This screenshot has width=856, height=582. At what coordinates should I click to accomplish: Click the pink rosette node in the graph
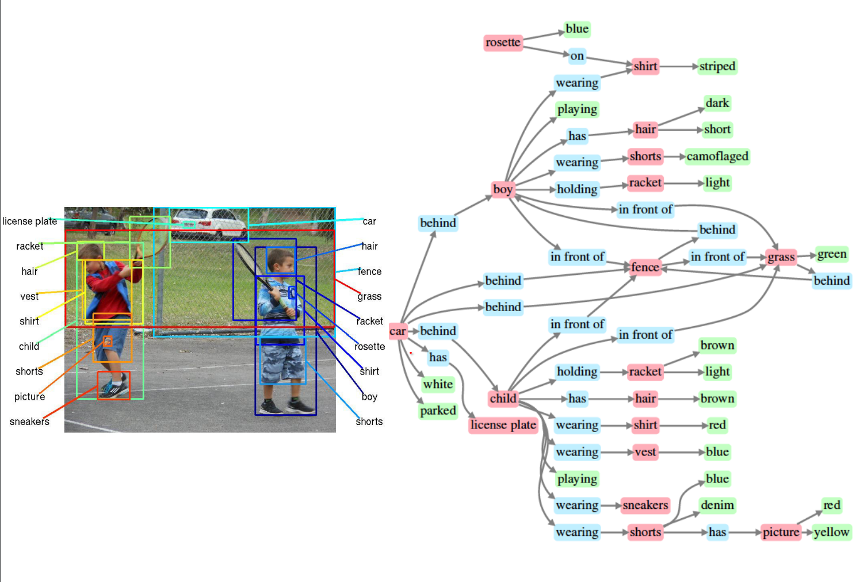(x=503, y=43)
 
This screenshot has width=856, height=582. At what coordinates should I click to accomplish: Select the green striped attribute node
(x=717, y=67)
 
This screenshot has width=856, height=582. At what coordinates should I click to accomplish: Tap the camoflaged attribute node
(x=717, y=156)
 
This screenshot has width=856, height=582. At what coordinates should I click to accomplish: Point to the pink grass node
(x=781, y=257)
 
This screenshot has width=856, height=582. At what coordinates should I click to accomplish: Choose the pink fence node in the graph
(x=645, y=267)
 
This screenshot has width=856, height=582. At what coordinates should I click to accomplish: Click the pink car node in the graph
(x=398, y=331)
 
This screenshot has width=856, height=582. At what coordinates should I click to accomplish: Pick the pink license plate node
(x=503, y=425)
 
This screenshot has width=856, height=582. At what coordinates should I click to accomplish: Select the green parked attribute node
(x=438, y=411)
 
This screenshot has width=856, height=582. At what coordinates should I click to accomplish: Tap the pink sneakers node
(x=645, y=506)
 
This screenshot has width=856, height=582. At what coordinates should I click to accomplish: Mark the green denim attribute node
(x=717, y=506)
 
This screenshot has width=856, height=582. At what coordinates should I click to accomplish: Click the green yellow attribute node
(x=831, y=533)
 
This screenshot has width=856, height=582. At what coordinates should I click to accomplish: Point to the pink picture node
(x=781, y=533)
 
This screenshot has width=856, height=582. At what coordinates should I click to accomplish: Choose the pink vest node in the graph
(x=645, y=452)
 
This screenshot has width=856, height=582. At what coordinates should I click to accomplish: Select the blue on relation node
(x=577, y=56)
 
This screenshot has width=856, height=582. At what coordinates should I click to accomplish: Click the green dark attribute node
(x=717, y=104)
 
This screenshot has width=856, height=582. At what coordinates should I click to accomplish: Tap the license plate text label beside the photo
(x=29, y=221)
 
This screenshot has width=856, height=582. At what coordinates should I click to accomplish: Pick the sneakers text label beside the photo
(x=29, y=422)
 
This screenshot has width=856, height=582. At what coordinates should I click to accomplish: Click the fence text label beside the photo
(x=369, y=271)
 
